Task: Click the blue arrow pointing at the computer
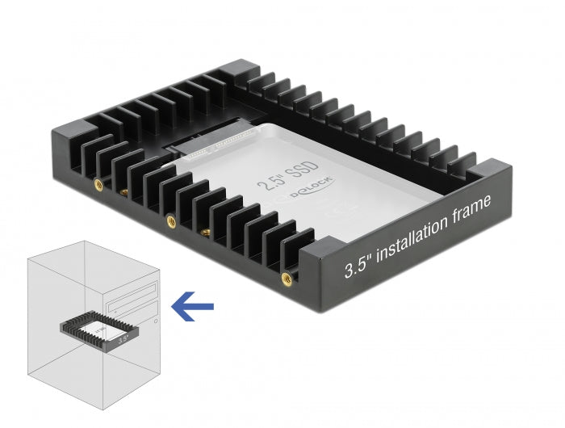point(193,305)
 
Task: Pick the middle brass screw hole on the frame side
point(169,219)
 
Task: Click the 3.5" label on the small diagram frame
point(123,342)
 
